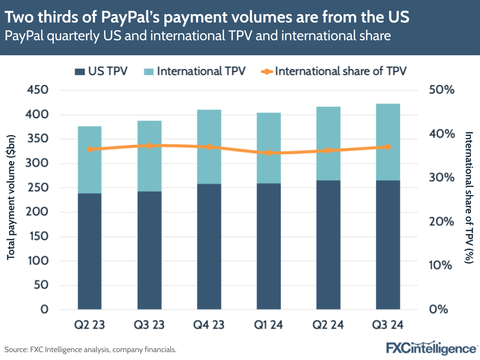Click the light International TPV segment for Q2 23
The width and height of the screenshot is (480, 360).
point(89,160)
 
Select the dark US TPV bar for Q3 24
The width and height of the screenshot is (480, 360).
point(388,244)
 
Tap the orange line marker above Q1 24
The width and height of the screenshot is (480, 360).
point(269,153)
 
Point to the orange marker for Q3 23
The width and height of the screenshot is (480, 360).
point(149,146)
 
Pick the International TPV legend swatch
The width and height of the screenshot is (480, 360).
point(149,72)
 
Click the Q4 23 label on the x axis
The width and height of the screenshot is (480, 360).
point(209,325)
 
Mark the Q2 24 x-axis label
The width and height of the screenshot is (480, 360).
point(328,325)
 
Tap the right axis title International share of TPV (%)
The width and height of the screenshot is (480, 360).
point(468,197)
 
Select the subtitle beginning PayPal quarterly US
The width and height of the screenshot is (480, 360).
point(197,36)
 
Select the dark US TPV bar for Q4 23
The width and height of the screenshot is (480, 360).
point(209,246)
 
